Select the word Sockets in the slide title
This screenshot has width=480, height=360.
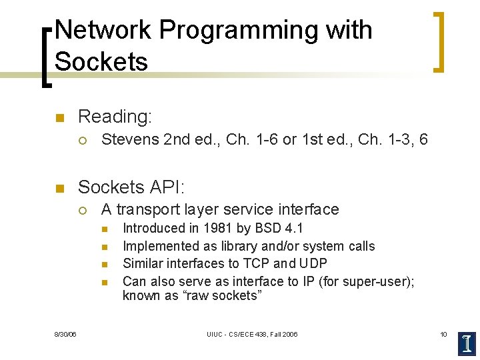(x=101, y=61)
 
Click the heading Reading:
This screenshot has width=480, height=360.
(x=115, y=117)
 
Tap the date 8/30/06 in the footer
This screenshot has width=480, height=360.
(x=65, y=334)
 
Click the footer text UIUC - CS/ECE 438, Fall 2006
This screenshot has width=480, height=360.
(x=252, y=334)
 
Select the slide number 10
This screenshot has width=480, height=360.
(x=443, y=334)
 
